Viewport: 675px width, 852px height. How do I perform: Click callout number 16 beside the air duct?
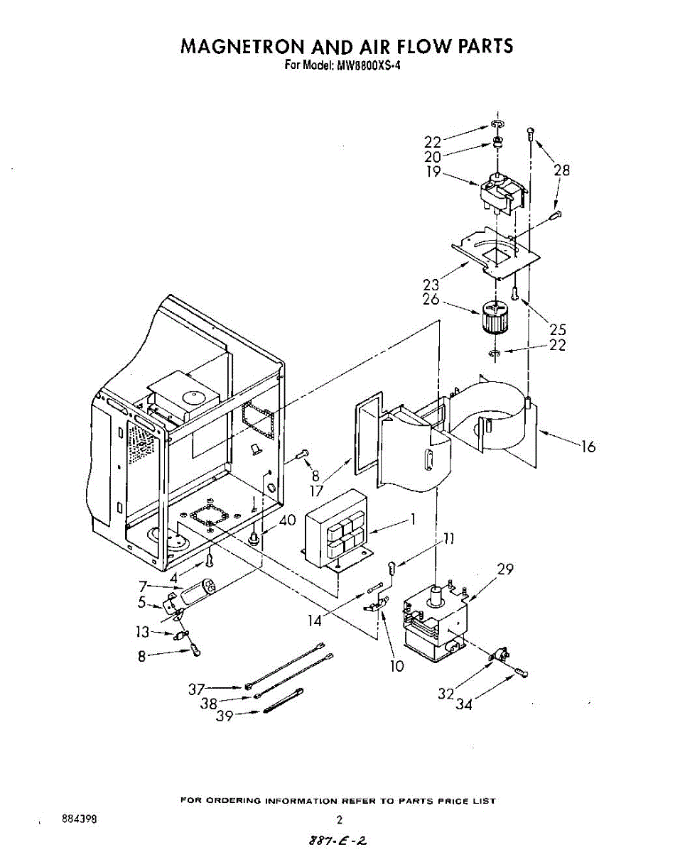[588, 447]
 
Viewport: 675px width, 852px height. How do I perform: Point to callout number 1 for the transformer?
[411, 520]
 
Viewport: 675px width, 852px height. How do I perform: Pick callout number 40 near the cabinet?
[287, 520]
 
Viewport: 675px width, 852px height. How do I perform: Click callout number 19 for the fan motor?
[433, 171]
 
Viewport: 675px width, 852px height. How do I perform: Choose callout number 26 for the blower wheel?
[431, 300]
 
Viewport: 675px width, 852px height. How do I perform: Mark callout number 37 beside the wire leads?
[197, 688]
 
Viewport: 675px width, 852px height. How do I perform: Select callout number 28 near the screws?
[562, 170]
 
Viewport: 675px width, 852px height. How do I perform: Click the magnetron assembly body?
[434, 618]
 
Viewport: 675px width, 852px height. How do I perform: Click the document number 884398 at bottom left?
[80, 819]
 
